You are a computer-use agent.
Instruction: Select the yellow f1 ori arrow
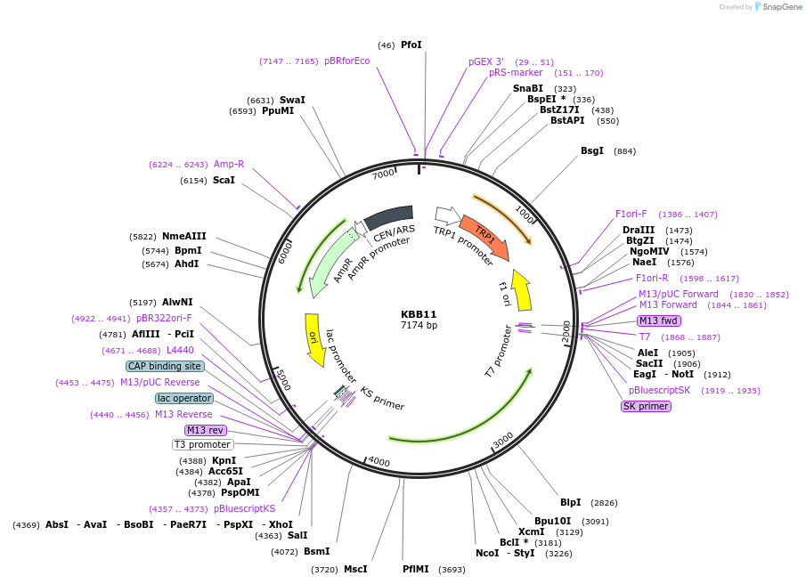point(522,289)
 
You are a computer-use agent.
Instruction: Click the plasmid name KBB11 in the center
point(419,314)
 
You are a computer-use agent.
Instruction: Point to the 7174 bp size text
point(419,326)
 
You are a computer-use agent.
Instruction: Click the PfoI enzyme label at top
point(411,45)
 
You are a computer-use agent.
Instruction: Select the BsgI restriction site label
point(592,151)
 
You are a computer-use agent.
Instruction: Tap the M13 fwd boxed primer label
point(659,320)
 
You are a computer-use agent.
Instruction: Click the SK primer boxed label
point(646,406)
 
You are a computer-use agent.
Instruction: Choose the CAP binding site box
point(165,366)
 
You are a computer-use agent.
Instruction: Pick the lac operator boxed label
point(184,398)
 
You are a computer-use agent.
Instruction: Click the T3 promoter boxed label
point(202,444)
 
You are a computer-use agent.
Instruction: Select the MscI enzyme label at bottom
point(355,569)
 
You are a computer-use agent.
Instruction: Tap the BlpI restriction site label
point(570,502)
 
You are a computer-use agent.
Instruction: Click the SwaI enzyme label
point(292,100)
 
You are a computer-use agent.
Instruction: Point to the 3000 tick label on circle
point(503,440)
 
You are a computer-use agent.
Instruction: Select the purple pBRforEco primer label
point(346,61)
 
